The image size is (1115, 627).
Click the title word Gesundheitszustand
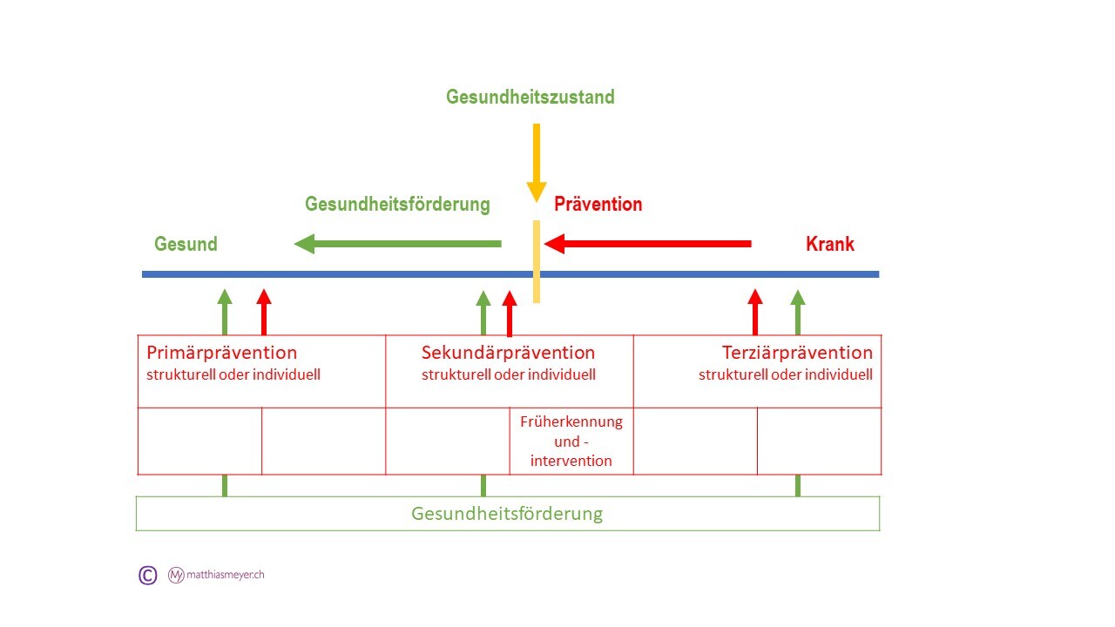(x=530, y=97)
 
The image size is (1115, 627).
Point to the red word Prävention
(x=598, y=205)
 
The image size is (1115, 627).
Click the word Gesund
(x=186, y=244)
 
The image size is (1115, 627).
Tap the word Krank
(x=830, y=244)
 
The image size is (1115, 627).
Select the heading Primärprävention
(x=222, y=353)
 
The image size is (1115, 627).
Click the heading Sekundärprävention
(x=509, y=353)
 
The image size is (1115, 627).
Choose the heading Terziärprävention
(x=797, y=353)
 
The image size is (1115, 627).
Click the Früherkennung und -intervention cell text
(x=571, y=441)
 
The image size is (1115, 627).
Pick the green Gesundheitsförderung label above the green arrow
(x=397, y=205)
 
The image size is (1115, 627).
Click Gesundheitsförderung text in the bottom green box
(x=507, y=513)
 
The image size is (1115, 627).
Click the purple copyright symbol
(x=148, y=575)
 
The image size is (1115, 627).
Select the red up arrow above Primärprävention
(x=265, y=312)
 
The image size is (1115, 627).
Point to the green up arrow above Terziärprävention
(x=797, y=312)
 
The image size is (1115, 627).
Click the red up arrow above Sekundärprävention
(x=510, y=313)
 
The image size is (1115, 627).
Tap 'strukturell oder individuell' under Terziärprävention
(x=786, y=375)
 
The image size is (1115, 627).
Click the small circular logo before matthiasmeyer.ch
(x=176, y=575)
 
